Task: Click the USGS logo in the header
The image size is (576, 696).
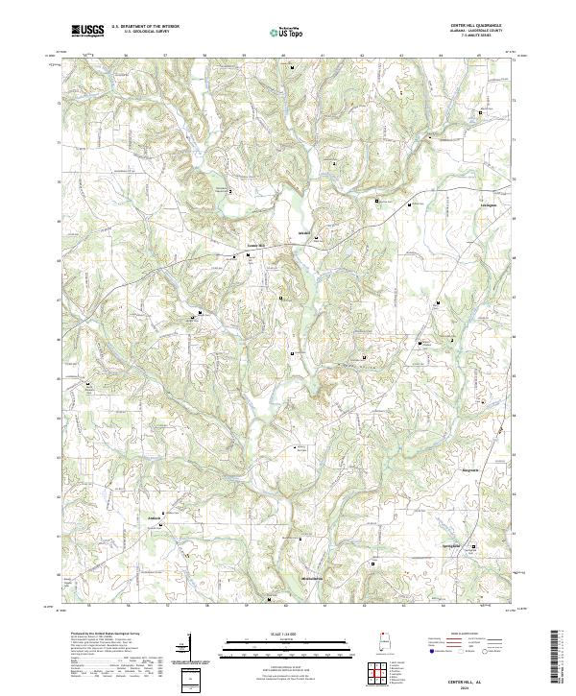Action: coord(87,31)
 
